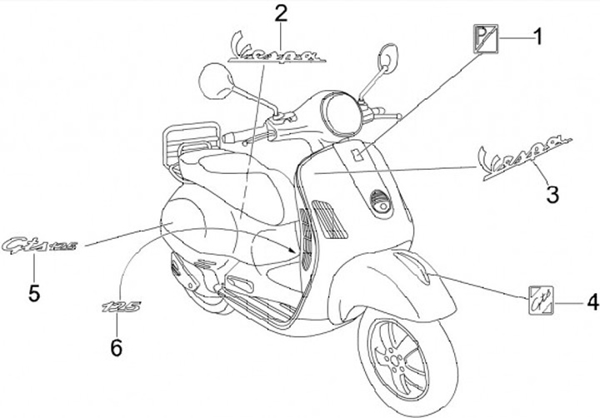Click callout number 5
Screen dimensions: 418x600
tap(34, 291)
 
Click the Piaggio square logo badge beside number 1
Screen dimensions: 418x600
tap(485, 38)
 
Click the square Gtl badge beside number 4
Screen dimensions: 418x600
tap(542, 300)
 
